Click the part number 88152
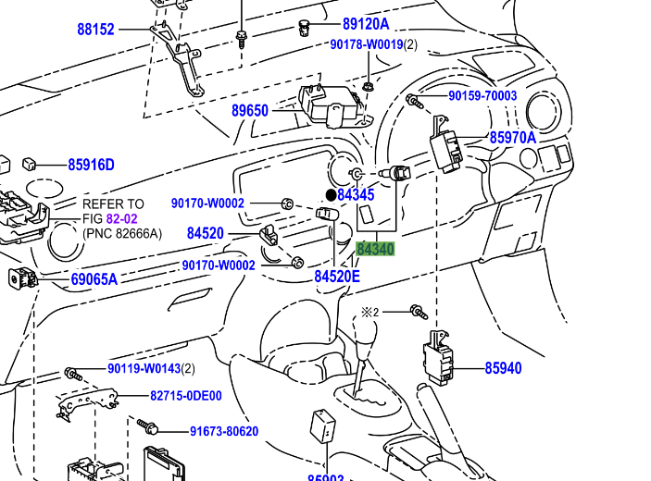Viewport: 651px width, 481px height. [x=95, y=30]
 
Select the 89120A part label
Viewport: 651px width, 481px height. [x=366, y=24]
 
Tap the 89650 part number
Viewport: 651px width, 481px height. [x=250, y=111]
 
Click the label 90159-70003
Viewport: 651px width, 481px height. [x=482, y=96]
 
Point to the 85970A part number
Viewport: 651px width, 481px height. [x=513, y=138]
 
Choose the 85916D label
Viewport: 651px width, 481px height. [x=91, y=166]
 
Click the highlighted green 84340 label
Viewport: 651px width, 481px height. [x=375, y=249]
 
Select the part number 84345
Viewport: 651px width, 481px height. [x=356, y=195]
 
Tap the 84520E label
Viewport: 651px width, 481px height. [x=337, y=276]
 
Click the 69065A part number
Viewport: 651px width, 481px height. [x=94, y=278]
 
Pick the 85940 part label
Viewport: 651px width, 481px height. [x=503, y=368]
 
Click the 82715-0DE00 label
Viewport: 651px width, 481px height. [x=186, y=396]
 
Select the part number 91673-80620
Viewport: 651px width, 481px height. [x=224, y=431]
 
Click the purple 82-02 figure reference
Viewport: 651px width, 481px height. [x=121, y=219]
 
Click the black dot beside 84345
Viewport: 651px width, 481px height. [x=331, y=195]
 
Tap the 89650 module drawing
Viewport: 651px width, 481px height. [x=331, y=104]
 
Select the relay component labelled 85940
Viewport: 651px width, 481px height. [x=438, y=356]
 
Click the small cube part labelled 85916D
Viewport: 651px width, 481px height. [x=30, y=164]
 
